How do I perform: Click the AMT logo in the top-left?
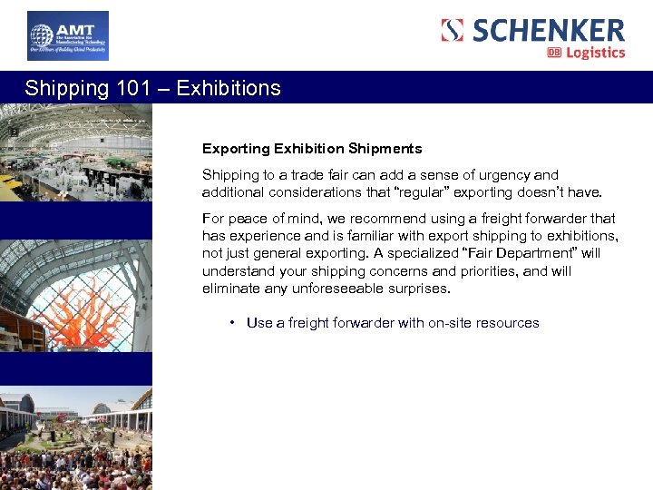pos(67,36)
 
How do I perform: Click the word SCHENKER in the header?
pos(548,30)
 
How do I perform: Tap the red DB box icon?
pos(554,53)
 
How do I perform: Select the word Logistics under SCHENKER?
pos(595,53)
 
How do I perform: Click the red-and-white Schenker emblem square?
pos(453,30)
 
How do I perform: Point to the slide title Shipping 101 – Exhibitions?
pos(152,88)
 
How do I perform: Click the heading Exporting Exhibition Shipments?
pos(312,148)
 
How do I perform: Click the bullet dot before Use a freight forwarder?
pos(233,322)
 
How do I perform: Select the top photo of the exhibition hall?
pos(75,152)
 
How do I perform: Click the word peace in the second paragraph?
pos(245,218)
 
